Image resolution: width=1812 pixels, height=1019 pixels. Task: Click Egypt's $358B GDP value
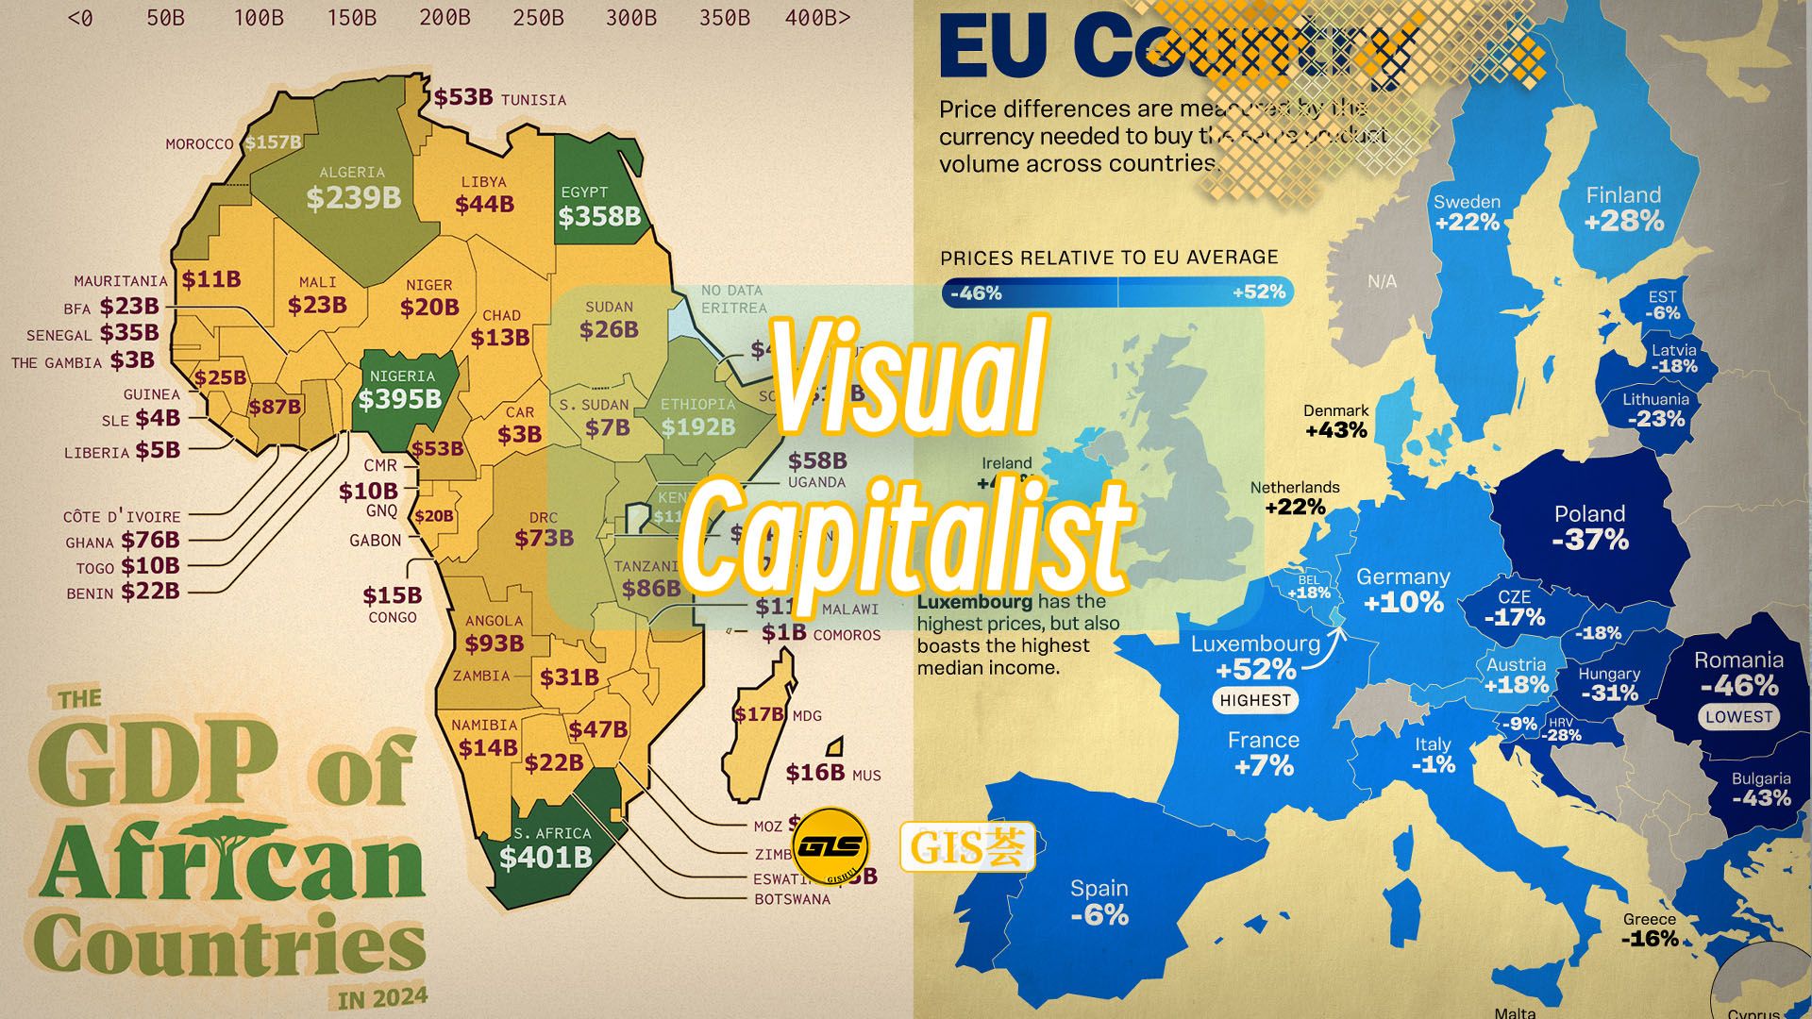click(x=599, y=217)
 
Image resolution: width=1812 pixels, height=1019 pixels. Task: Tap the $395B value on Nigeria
click(x=400, y=399)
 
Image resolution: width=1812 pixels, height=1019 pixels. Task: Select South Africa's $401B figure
click(x=545, y=857)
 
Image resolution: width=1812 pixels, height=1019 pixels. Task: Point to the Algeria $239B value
click(x=354, y=198)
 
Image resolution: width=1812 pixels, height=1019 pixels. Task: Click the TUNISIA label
click(x=533, y=100)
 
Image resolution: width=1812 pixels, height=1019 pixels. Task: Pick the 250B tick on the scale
click(x=538, y=18)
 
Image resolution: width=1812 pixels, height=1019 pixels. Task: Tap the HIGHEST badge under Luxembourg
click(x=1254, y=700)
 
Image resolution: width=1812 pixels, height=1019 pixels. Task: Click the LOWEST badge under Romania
click(x=1738, y=717)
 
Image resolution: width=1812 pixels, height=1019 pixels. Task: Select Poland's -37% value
click(x=1590, y=540)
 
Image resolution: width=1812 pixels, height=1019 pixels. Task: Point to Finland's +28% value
click(x=1623, y=221)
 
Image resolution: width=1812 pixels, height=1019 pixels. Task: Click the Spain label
click(x=1099, y=888)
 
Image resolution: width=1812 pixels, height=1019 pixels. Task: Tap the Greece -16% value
click(x=1650, y=939)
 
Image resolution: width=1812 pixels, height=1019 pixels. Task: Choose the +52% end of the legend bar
click(x=1259, y=292)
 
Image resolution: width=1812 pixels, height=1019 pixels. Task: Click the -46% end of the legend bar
click(x=976, y=293)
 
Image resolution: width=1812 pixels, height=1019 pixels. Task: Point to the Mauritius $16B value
click(x=815, y=773)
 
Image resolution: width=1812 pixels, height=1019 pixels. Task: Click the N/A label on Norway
click(x=1382, y=281)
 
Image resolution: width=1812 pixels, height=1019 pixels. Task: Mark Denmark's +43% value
click(x=1336, y=430)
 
